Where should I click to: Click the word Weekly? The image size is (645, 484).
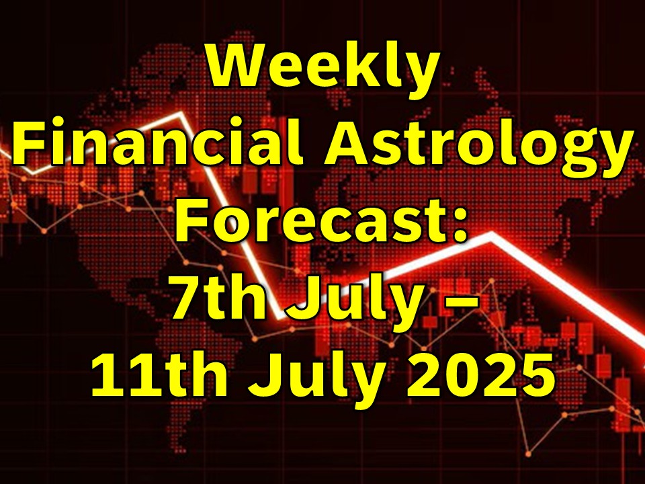323,68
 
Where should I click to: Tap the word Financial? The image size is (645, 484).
159,140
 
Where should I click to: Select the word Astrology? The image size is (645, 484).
478,146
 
